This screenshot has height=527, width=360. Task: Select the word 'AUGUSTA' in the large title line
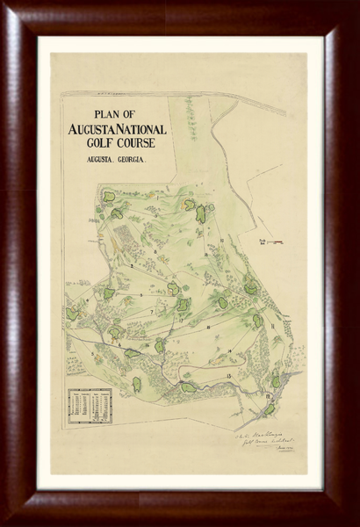[x=97, y=129]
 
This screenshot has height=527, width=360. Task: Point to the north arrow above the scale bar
[x=260, y=234]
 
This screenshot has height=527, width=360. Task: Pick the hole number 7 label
[x=151, y=311]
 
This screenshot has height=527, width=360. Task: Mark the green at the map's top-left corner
[x=108, y=197]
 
